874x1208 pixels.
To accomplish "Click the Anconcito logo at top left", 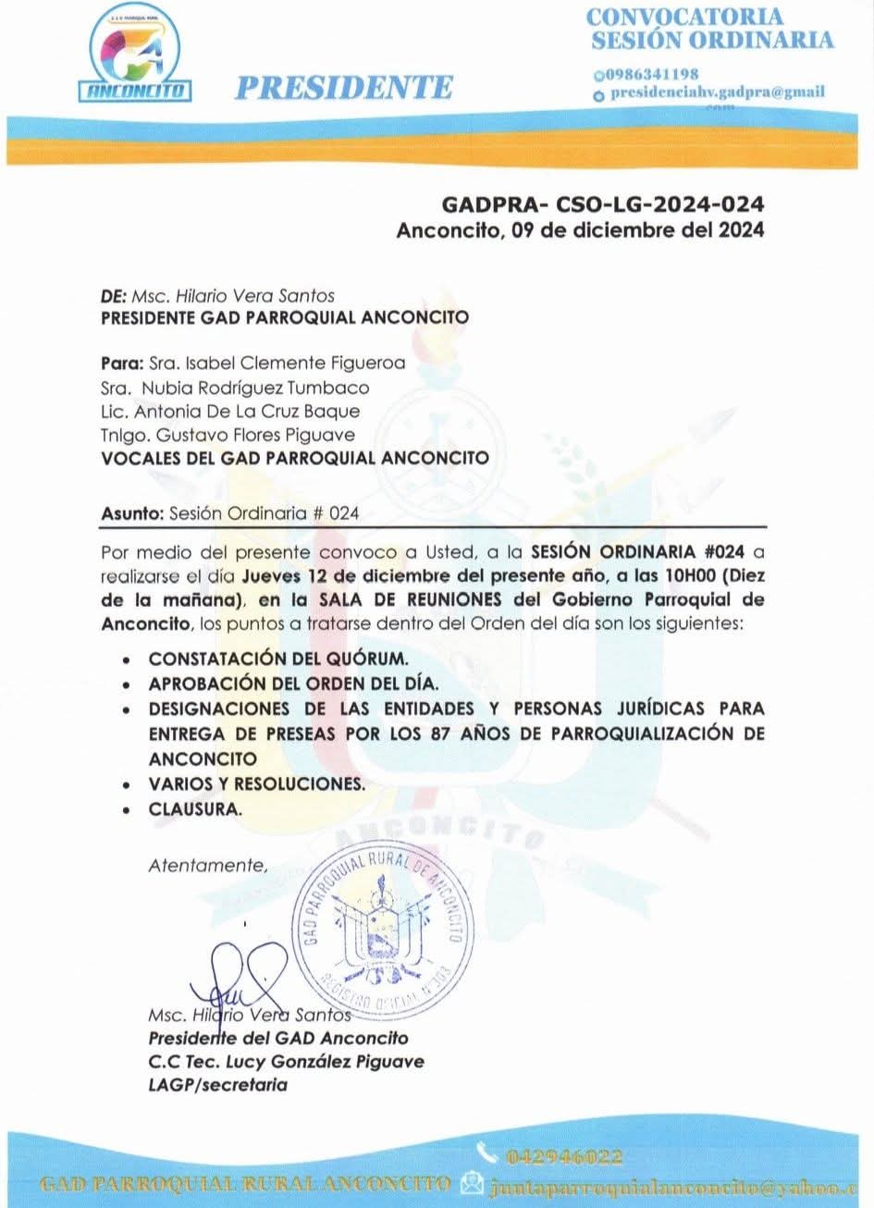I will click(139, 57).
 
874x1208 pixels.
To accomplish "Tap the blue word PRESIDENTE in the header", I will click(343, 88).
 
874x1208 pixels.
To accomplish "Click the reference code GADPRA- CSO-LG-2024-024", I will click(602, 203).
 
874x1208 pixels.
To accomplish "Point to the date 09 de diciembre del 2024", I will click(638, 230).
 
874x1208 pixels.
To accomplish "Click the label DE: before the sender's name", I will click(112, 296).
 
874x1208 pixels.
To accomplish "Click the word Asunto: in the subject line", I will click(130, 514).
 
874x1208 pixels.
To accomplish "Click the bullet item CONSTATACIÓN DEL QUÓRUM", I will click(277, 659).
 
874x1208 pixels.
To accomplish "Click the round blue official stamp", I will click(382, 932).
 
